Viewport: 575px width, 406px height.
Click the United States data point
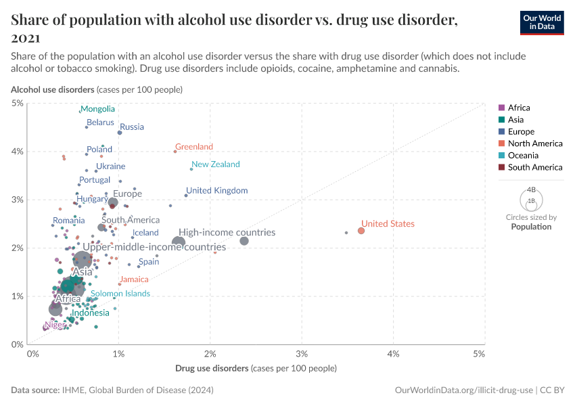point(361,231)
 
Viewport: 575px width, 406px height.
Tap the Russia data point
point(120,133)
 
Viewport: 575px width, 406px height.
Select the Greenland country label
point(193,147)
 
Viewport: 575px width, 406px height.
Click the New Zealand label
point(215,164)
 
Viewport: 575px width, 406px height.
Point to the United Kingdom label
point(216,191)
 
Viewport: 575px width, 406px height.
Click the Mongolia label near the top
point(97,109)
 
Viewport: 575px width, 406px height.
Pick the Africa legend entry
point(518,108)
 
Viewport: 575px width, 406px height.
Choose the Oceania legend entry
point(522,155)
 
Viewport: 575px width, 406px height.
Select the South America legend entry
point(534,167)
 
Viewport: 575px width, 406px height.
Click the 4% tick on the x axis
point(393,354)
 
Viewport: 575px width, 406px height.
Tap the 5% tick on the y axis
point(18,103)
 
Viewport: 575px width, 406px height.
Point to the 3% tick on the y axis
point(18,200)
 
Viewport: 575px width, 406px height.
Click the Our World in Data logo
point(541,22)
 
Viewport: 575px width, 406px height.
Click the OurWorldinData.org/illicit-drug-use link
point(463,390)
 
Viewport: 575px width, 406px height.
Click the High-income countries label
point(227,233)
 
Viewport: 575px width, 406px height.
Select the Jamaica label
point(133,279)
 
